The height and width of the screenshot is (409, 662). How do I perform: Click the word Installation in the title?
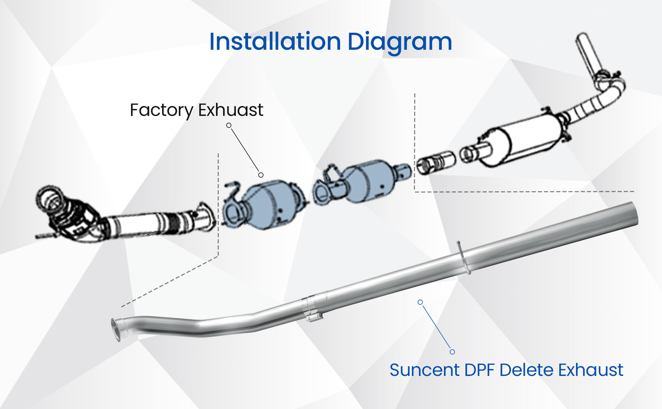pyautogui.click(x=275, y=42)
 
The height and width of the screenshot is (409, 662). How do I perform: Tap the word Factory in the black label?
pyautogui.click(x=161, y=110)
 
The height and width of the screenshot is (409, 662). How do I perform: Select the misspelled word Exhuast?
pyautogui.click(x=231, y=110)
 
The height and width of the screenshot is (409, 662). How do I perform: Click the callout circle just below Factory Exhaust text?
pyautogui.click(x=229, y=125)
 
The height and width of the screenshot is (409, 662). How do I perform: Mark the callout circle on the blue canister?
pyautogui.click(x=261, y=175)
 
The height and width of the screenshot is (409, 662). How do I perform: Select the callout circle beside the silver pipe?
pyautogui.click(x=420, y=302)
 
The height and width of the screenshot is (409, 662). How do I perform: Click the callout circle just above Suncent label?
pyautogui.click(x=452, y=352)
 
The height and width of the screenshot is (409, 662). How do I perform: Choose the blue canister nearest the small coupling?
pyautogui.click(x=365, y=181)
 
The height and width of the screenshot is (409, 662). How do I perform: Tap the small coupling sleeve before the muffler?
pyautogui.click(x=436, y=162)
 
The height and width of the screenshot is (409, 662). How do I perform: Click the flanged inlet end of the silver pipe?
pyautogui.click(x=116, y=329)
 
